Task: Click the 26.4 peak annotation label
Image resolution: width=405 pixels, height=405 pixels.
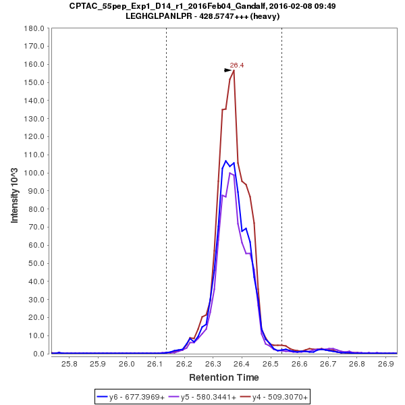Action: pyautogui.click(x=237, y=65)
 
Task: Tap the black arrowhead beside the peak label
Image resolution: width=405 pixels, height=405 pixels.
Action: pyautogui.click(x=228, y=70)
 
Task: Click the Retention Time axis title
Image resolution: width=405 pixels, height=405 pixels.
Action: pyautogui.click(x=223, y=377)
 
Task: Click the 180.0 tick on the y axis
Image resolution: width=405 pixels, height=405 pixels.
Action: pyautogui.click(x=34, y=28)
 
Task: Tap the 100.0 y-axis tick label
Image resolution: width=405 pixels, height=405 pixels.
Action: pyautogui.click(x=34, y=173)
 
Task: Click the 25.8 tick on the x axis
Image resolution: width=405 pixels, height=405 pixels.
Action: pyautogui.click(x=69, y=364)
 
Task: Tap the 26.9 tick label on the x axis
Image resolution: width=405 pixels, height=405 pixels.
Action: pyautogui.click(x=385, y=364)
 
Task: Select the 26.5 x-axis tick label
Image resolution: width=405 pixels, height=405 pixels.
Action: pyautogui.click(x=270, y=364)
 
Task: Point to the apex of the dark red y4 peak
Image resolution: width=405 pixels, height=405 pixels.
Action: pyautogui.click(x=234, y=70)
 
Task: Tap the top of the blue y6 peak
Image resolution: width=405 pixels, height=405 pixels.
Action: pyautogui.click(x=226, y=161)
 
